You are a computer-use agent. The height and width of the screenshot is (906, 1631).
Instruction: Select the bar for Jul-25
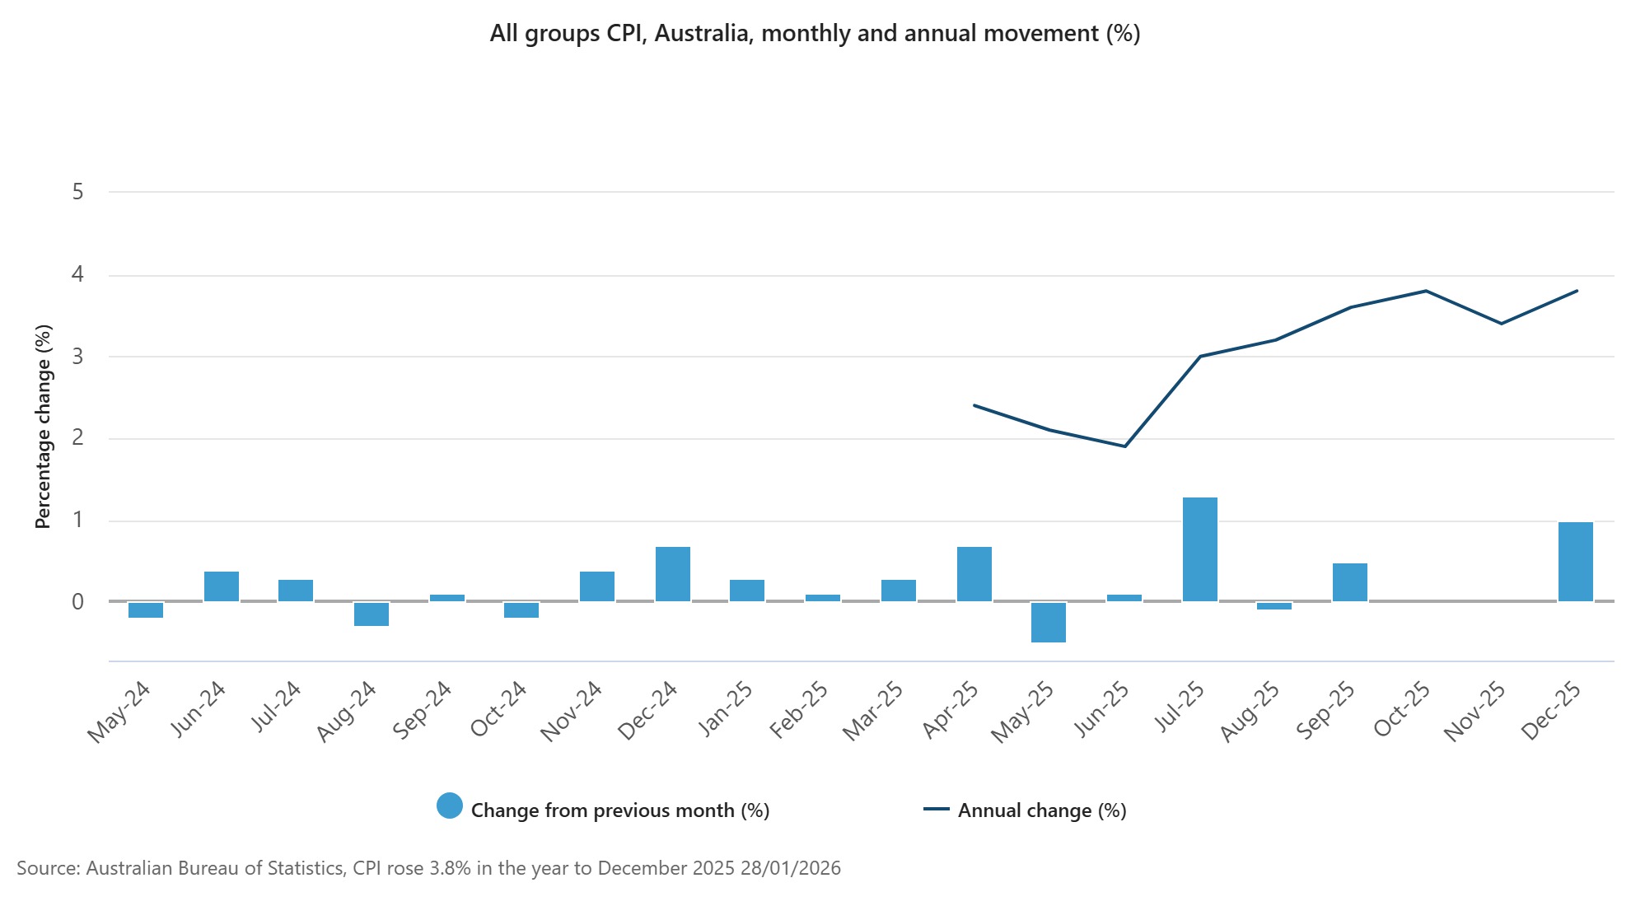click(1199, 549)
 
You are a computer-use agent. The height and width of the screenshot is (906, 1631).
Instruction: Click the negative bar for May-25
click(1049, 622)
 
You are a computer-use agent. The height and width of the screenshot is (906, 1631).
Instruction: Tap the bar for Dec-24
click(672, 574)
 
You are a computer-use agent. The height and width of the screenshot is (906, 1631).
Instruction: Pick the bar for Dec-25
click(1575, 562)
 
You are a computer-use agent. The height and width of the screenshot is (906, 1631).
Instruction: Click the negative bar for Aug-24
click(372, 614)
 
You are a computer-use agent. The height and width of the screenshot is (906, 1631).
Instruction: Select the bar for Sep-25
click(1349, 582)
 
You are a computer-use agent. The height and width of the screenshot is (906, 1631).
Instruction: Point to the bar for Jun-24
click(222, 586)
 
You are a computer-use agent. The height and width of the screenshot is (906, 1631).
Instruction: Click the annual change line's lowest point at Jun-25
click(1124, 446)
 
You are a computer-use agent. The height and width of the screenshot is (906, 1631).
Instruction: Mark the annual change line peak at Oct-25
click(1425, 291)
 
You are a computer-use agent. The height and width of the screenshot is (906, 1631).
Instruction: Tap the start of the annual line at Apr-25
click(974, 405)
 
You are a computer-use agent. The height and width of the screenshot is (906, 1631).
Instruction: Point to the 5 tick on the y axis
click(78, 192)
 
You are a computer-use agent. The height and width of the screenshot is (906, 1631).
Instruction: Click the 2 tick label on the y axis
click(78, 437)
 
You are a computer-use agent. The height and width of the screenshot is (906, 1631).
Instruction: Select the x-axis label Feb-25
click(798, 710)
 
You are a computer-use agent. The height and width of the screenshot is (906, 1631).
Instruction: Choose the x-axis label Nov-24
click(571, 712)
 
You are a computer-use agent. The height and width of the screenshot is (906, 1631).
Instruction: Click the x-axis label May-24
click(119, 712)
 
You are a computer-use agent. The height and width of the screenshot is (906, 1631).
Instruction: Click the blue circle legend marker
click(450, 806)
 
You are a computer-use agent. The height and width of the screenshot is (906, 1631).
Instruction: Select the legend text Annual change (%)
click(1041, 810)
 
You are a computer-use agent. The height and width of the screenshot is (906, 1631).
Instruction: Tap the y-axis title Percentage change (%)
click(43, 426)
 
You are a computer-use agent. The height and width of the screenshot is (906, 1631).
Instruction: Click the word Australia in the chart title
click(700, 34)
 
